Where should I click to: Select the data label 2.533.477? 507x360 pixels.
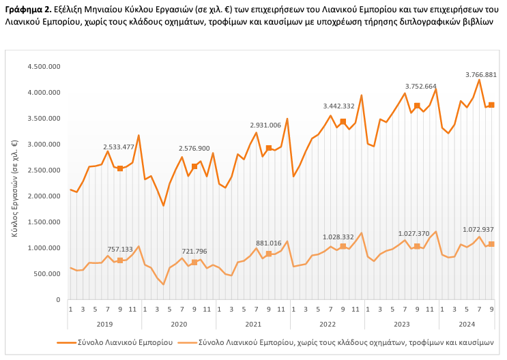[119, 147]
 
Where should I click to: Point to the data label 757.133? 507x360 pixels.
[120, 250]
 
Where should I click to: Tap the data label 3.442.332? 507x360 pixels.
[338, 106]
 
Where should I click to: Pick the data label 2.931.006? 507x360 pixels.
[265, 125]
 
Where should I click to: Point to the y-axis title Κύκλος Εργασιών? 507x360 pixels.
[14, 190]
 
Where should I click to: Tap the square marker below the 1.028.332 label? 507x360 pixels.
[343, 247]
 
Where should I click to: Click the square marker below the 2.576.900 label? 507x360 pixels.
[194, 166]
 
